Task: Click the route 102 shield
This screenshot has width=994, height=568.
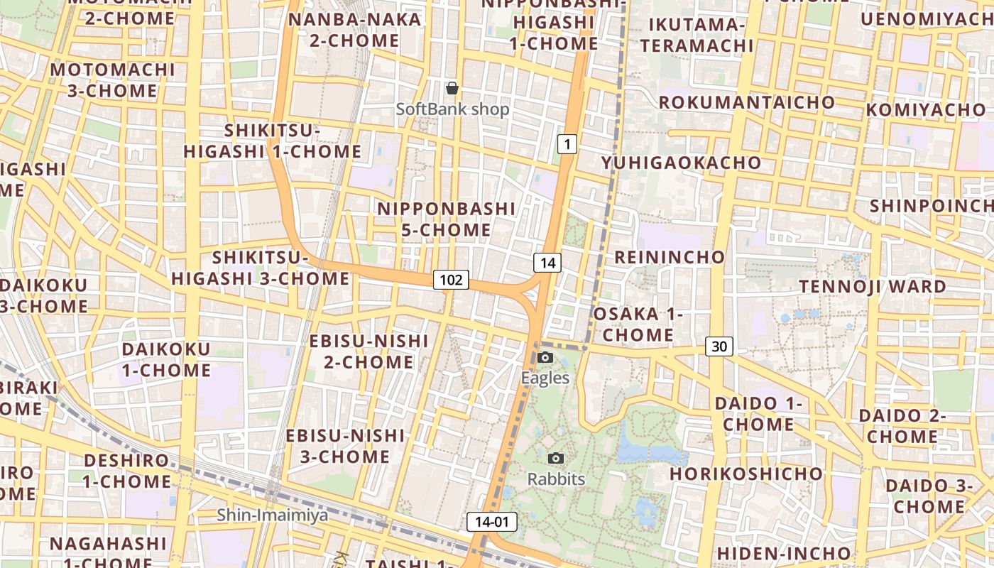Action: [451, 280]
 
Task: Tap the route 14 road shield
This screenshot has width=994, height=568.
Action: [547, 263]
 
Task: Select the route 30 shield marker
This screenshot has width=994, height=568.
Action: [719, 346]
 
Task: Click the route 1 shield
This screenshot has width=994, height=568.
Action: [566, 144]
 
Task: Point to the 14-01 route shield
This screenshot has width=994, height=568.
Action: [492, 522]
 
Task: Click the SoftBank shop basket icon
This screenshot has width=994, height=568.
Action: [452, 88]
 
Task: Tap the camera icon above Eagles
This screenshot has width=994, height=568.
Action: [545, 357]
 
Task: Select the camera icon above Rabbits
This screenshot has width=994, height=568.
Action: [556, 459]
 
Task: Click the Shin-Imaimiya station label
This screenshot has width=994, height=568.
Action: [273, 515]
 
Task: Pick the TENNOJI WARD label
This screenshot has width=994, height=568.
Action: [873, 287]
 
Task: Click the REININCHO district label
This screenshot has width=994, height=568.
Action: [670, 257]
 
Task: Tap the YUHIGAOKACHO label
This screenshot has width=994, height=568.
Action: [681, 163]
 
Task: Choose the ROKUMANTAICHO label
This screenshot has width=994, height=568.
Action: [747, 102]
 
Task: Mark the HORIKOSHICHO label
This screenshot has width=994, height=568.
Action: [746, 474]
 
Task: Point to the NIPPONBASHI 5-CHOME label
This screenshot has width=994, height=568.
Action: [446, 219]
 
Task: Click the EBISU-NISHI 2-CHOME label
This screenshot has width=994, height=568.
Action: [368, 351]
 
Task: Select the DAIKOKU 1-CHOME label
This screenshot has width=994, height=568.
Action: [166, 359]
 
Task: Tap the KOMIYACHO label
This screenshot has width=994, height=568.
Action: [926, 110]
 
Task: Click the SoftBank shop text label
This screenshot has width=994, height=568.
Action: [452, 109]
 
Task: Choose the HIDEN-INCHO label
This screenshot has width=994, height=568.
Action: [784, 553]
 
